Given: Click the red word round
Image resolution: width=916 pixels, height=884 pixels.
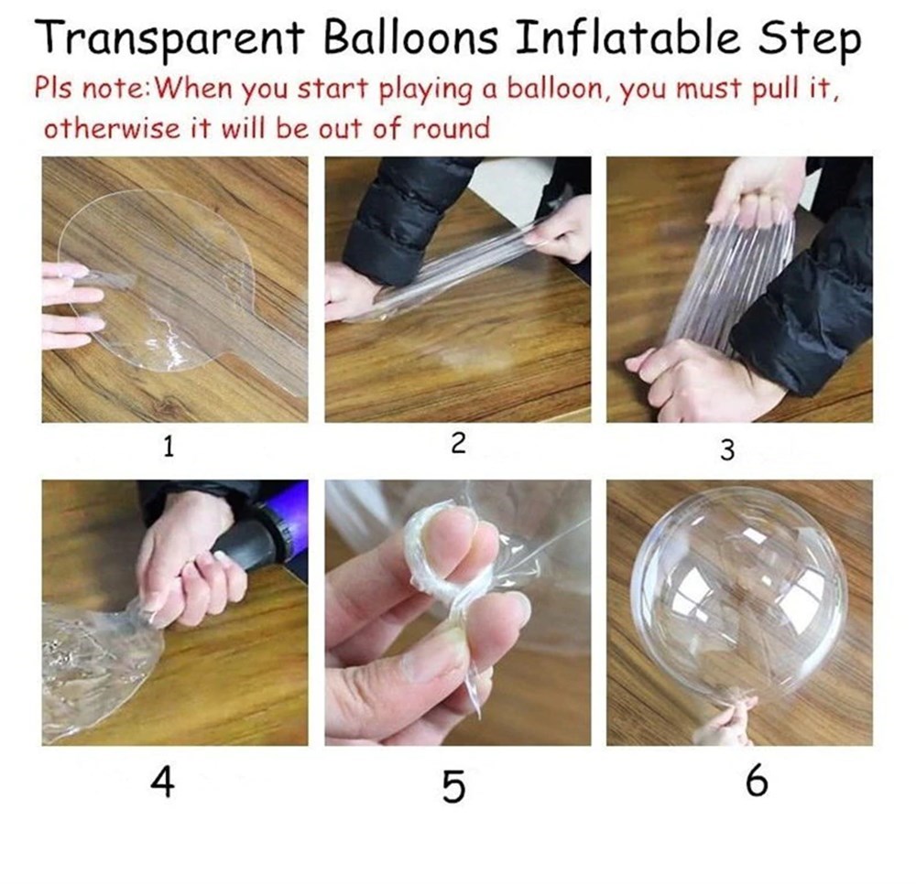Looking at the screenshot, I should tap(451, 127).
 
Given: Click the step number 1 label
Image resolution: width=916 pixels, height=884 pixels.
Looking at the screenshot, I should tap(168, 447).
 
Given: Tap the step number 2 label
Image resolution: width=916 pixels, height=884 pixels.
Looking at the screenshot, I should tap(458, 444).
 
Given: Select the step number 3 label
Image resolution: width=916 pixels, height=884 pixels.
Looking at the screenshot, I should tap(727, 449).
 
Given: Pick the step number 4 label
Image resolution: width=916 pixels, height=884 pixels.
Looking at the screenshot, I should tap(162, 783).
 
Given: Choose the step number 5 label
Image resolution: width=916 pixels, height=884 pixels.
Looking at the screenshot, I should tap(453, 787).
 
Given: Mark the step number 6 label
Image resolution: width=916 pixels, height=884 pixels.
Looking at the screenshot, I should tap(756, 783).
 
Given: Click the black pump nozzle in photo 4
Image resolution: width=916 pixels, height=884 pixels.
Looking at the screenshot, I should tap(266, 541).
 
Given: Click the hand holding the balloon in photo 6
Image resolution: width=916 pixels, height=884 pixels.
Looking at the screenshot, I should tap(724, 723).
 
